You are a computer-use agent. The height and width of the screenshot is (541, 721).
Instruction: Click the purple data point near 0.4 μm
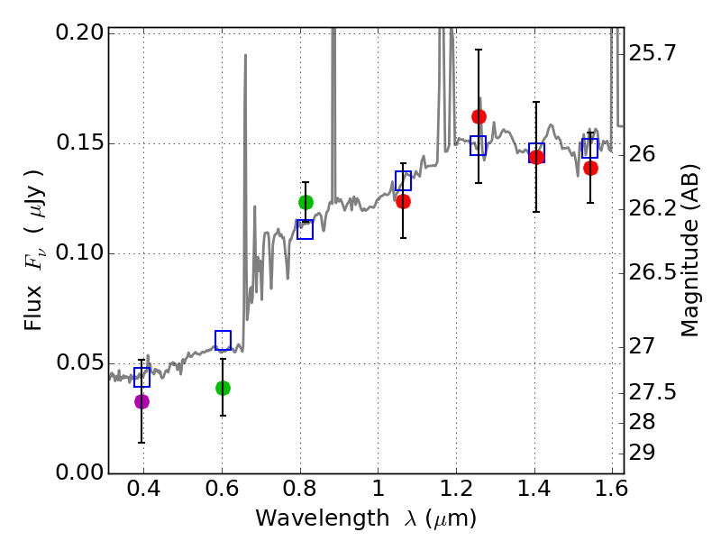(x=141, y=401)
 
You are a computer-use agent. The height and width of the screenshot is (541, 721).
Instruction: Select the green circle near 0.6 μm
(x=223, y=388)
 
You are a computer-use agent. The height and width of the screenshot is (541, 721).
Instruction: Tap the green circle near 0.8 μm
(x=306, y=202)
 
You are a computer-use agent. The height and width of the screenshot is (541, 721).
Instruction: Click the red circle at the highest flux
(x=479, y=116)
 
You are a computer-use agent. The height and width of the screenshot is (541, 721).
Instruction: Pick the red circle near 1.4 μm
(x=536, y=157)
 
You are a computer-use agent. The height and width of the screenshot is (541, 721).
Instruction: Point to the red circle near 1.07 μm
(x=403, y=201)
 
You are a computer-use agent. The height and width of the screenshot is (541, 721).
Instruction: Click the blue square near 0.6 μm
(x=223, y=340)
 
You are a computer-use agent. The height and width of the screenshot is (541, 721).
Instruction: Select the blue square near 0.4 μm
(x=141, y=377)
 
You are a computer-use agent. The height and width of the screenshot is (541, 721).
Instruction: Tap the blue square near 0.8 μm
(x=305, y=229)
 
